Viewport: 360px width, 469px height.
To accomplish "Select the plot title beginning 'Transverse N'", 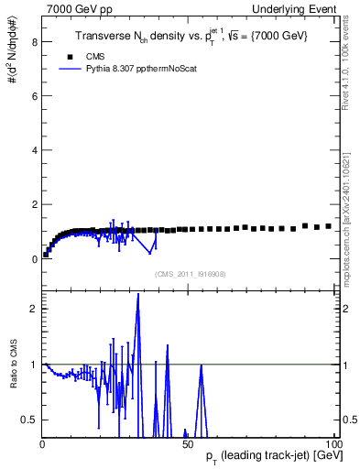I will [191, 35].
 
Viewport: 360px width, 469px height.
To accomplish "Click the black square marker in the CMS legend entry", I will [71, 56].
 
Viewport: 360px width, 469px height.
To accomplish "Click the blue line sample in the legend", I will [71, 68].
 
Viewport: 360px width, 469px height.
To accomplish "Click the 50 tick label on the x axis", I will [188, 444].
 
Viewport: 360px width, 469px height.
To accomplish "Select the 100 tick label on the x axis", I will [332, 444].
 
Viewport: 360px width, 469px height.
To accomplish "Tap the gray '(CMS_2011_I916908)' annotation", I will [190, 274].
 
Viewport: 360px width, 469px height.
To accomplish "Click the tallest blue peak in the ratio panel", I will [138, 295].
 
